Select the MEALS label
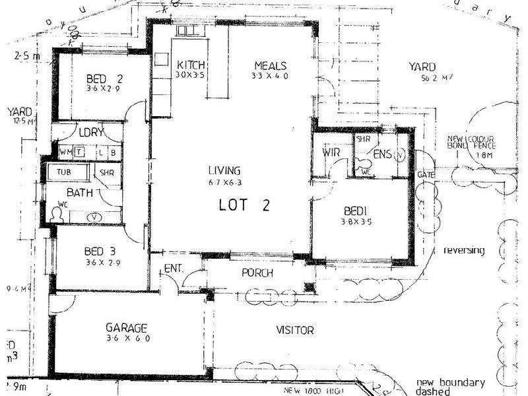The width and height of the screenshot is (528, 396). pyautogui.click(x=271, y=65)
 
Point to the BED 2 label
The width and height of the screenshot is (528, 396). pyautogui.click(x=105, y=81)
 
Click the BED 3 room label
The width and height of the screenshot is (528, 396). pyautogui.click(x=101, y=251)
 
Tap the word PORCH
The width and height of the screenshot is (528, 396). pyautogui.click(x=257, y=273)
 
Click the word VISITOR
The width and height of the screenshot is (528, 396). pyautogui.click(x=294, y=330)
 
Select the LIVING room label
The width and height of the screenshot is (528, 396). pyautogui.click(x=224, y=170)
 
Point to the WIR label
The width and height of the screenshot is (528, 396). pyautogui.click(x=331, y=153)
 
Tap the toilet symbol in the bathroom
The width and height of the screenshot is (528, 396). pyautogui.click(x=55, y=213)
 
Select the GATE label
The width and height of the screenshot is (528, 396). pyautogui.click(x=424, y=174)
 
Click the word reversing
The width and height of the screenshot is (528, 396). pyautogui.click(x=464, y=251)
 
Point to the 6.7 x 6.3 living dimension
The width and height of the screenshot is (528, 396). pyautogui.click(x=224, y=181)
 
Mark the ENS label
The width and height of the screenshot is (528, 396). pyautogui.click(x=382, y=154)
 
